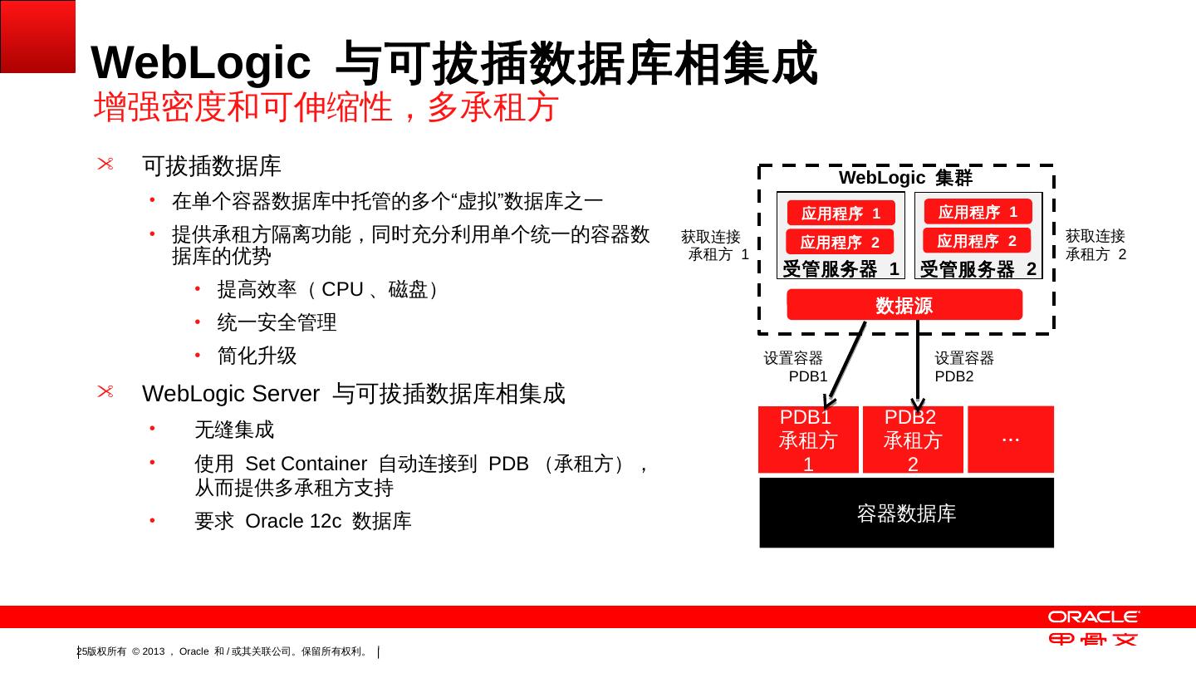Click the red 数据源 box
pos(904,305)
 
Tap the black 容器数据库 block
pos(906,513)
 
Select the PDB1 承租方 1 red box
pos(808,440)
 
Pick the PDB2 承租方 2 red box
pos(913,440)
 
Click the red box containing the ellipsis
pos(1011,439)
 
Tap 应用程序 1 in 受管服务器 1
pos(841,214)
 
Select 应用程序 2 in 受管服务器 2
pos(977,241)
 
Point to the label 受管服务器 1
pos(841,269)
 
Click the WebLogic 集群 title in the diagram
pos(905,178)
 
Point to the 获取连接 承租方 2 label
pos(1096,245)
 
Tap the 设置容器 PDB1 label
pos(795,366)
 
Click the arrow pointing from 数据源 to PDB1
pos(847,361)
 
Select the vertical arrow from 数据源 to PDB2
pos(918,361)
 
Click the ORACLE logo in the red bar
pos(1093,617)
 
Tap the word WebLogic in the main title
pos(200,63)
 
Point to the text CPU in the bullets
pos(342,290)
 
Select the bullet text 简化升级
pos(257,356)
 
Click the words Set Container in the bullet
pos(306,464)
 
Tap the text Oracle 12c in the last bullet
pos(293,521)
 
